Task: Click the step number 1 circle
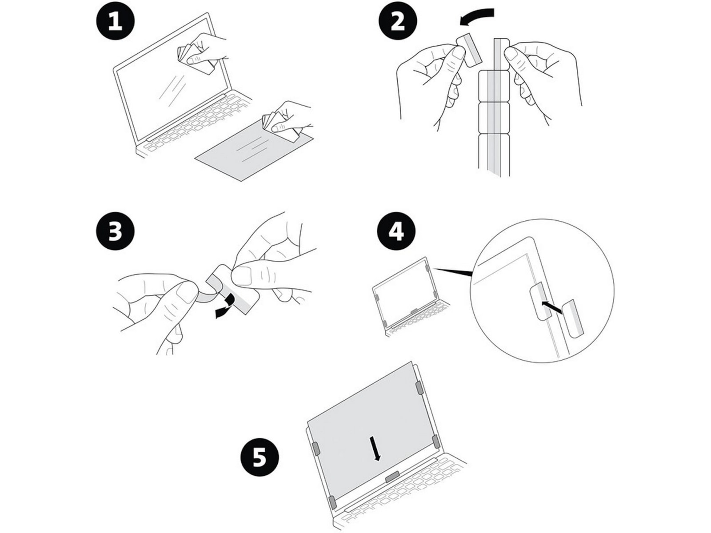(115, 22)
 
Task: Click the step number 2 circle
(397, 22)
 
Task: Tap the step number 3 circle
(115, 232)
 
